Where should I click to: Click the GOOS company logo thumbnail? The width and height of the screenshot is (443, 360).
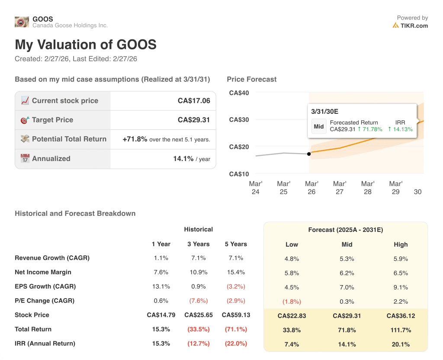(x=22, y=22)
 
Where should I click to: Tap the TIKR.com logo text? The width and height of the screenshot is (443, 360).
(x=414, y=26)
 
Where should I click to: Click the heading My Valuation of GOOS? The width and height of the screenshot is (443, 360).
(x=86, y=45)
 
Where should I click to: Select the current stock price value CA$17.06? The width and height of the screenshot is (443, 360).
(x=194, y=101)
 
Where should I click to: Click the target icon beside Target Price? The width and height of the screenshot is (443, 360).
(x=25, y=120)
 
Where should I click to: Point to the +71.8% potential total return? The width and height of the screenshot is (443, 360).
(x=135, y=139)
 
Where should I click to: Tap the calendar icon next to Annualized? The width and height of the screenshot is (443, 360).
(x=25, y=159)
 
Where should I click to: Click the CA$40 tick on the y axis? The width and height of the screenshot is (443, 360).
(x=239, y=93)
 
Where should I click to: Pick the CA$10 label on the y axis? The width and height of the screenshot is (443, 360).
(x=239, y=174)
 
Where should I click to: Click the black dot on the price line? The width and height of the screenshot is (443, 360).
(x=308, y=154)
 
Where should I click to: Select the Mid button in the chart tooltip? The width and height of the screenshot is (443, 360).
(x=319, y=127)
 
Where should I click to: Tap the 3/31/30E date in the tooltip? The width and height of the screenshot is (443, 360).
(x=324, y=112)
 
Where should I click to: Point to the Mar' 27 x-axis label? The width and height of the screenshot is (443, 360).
(x=340, y=188)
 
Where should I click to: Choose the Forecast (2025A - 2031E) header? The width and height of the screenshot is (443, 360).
(x=345, y=230)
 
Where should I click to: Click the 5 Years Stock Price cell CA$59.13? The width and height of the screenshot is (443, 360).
(x=236, y=315)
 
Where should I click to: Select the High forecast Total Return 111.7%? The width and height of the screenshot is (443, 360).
(x=401, y=330)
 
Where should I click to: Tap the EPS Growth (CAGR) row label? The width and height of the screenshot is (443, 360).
(x=45, y=286)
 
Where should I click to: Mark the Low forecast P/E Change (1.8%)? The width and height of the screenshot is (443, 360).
(x=292, y=302)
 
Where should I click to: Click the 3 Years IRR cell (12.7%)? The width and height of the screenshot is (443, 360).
(x=199, y=344)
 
